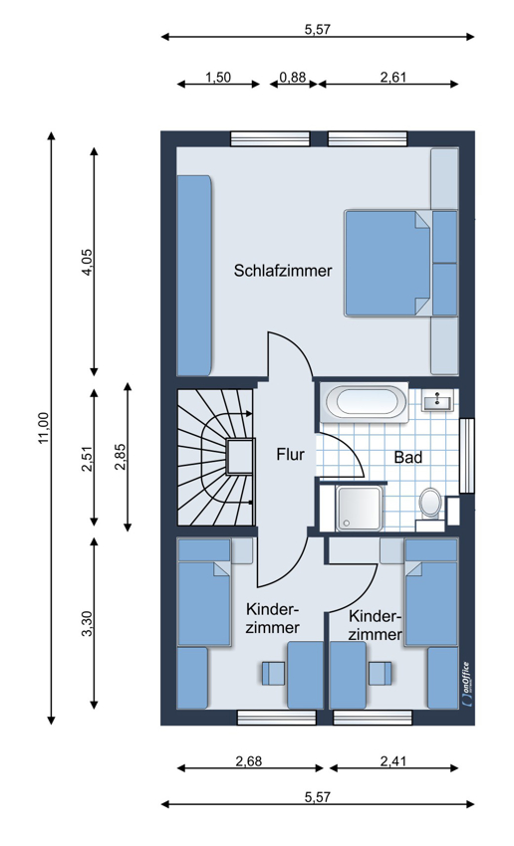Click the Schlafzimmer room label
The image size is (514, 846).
(282, 271)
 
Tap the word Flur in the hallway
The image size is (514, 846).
(291, 454)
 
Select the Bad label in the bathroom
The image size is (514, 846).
(408, 458)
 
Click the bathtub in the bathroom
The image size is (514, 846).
(364, 402)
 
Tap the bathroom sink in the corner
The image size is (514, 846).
(437, 400)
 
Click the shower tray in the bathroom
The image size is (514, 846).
(359, 509)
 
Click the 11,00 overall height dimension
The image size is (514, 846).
(44, 428)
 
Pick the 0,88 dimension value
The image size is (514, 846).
(293, 78)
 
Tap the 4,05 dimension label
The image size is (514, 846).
(88, 262)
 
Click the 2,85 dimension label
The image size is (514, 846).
(120, 457)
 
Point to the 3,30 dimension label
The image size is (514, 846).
(88, 623)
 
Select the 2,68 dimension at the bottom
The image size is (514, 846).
(249, 761)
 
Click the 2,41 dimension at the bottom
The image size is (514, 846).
(393, 761)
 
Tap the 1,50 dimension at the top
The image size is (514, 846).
(218, 78)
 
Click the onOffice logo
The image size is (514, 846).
(466, 684)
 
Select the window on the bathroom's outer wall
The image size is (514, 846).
(466, 456)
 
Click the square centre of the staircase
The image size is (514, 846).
(240, 457)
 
